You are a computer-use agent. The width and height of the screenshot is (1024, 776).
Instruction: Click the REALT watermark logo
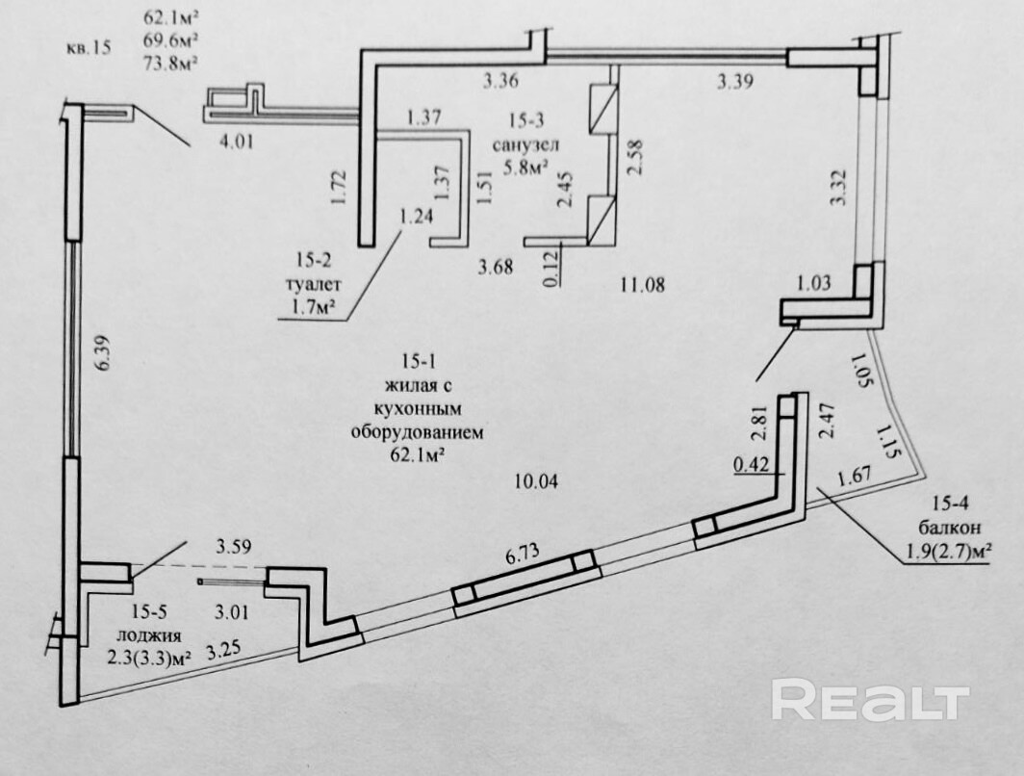click(870, 699)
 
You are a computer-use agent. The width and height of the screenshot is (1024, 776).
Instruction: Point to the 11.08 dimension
click(644, 284)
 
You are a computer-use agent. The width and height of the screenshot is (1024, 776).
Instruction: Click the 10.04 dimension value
click(537, 480)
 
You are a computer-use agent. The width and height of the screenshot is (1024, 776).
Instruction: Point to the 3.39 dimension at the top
click(733, 83)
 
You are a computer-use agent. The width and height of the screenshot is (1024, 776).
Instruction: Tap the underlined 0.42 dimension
click(751, 465)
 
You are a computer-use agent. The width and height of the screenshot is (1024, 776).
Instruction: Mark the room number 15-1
click(416, 362)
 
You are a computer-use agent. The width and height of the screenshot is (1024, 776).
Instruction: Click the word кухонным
click(416, 409)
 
